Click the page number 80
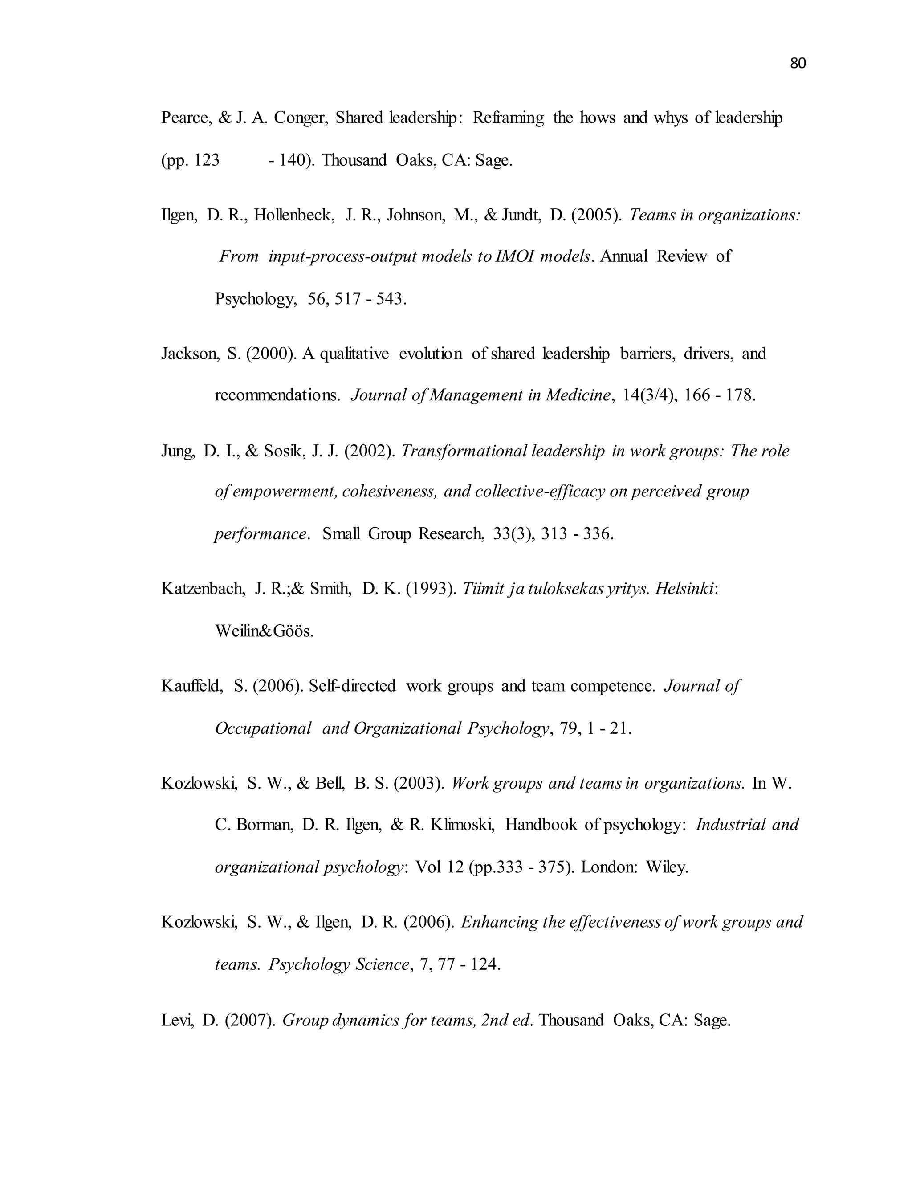[798, 64]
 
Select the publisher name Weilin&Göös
[264, 631]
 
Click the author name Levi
[177, 1021]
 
